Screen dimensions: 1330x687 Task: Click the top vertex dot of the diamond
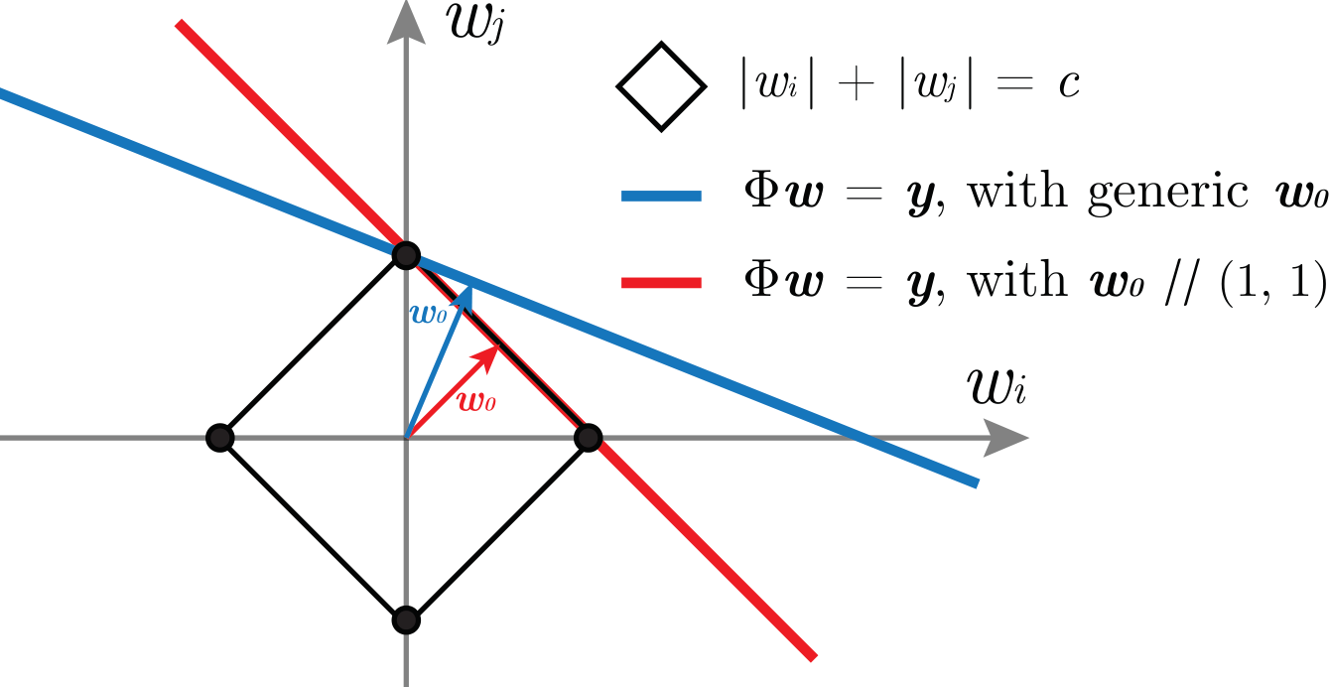(x=405, y=255)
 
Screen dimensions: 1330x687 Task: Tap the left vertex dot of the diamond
(x=220, y=437)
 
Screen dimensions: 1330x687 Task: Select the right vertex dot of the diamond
(x=588, y=437)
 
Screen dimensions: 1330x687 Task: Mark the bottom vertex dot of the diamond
(x=405, y=620)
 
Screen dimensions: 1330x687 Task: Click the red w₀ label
(x=475, y=402)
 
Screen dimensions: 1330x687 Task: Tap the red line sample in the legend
(x=661, y=285)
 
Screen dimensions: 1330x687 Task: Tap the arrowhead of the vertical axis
(x=405, y=22)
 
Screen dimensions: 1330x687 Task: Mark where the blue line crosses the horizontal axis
(x=853, y=437)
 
